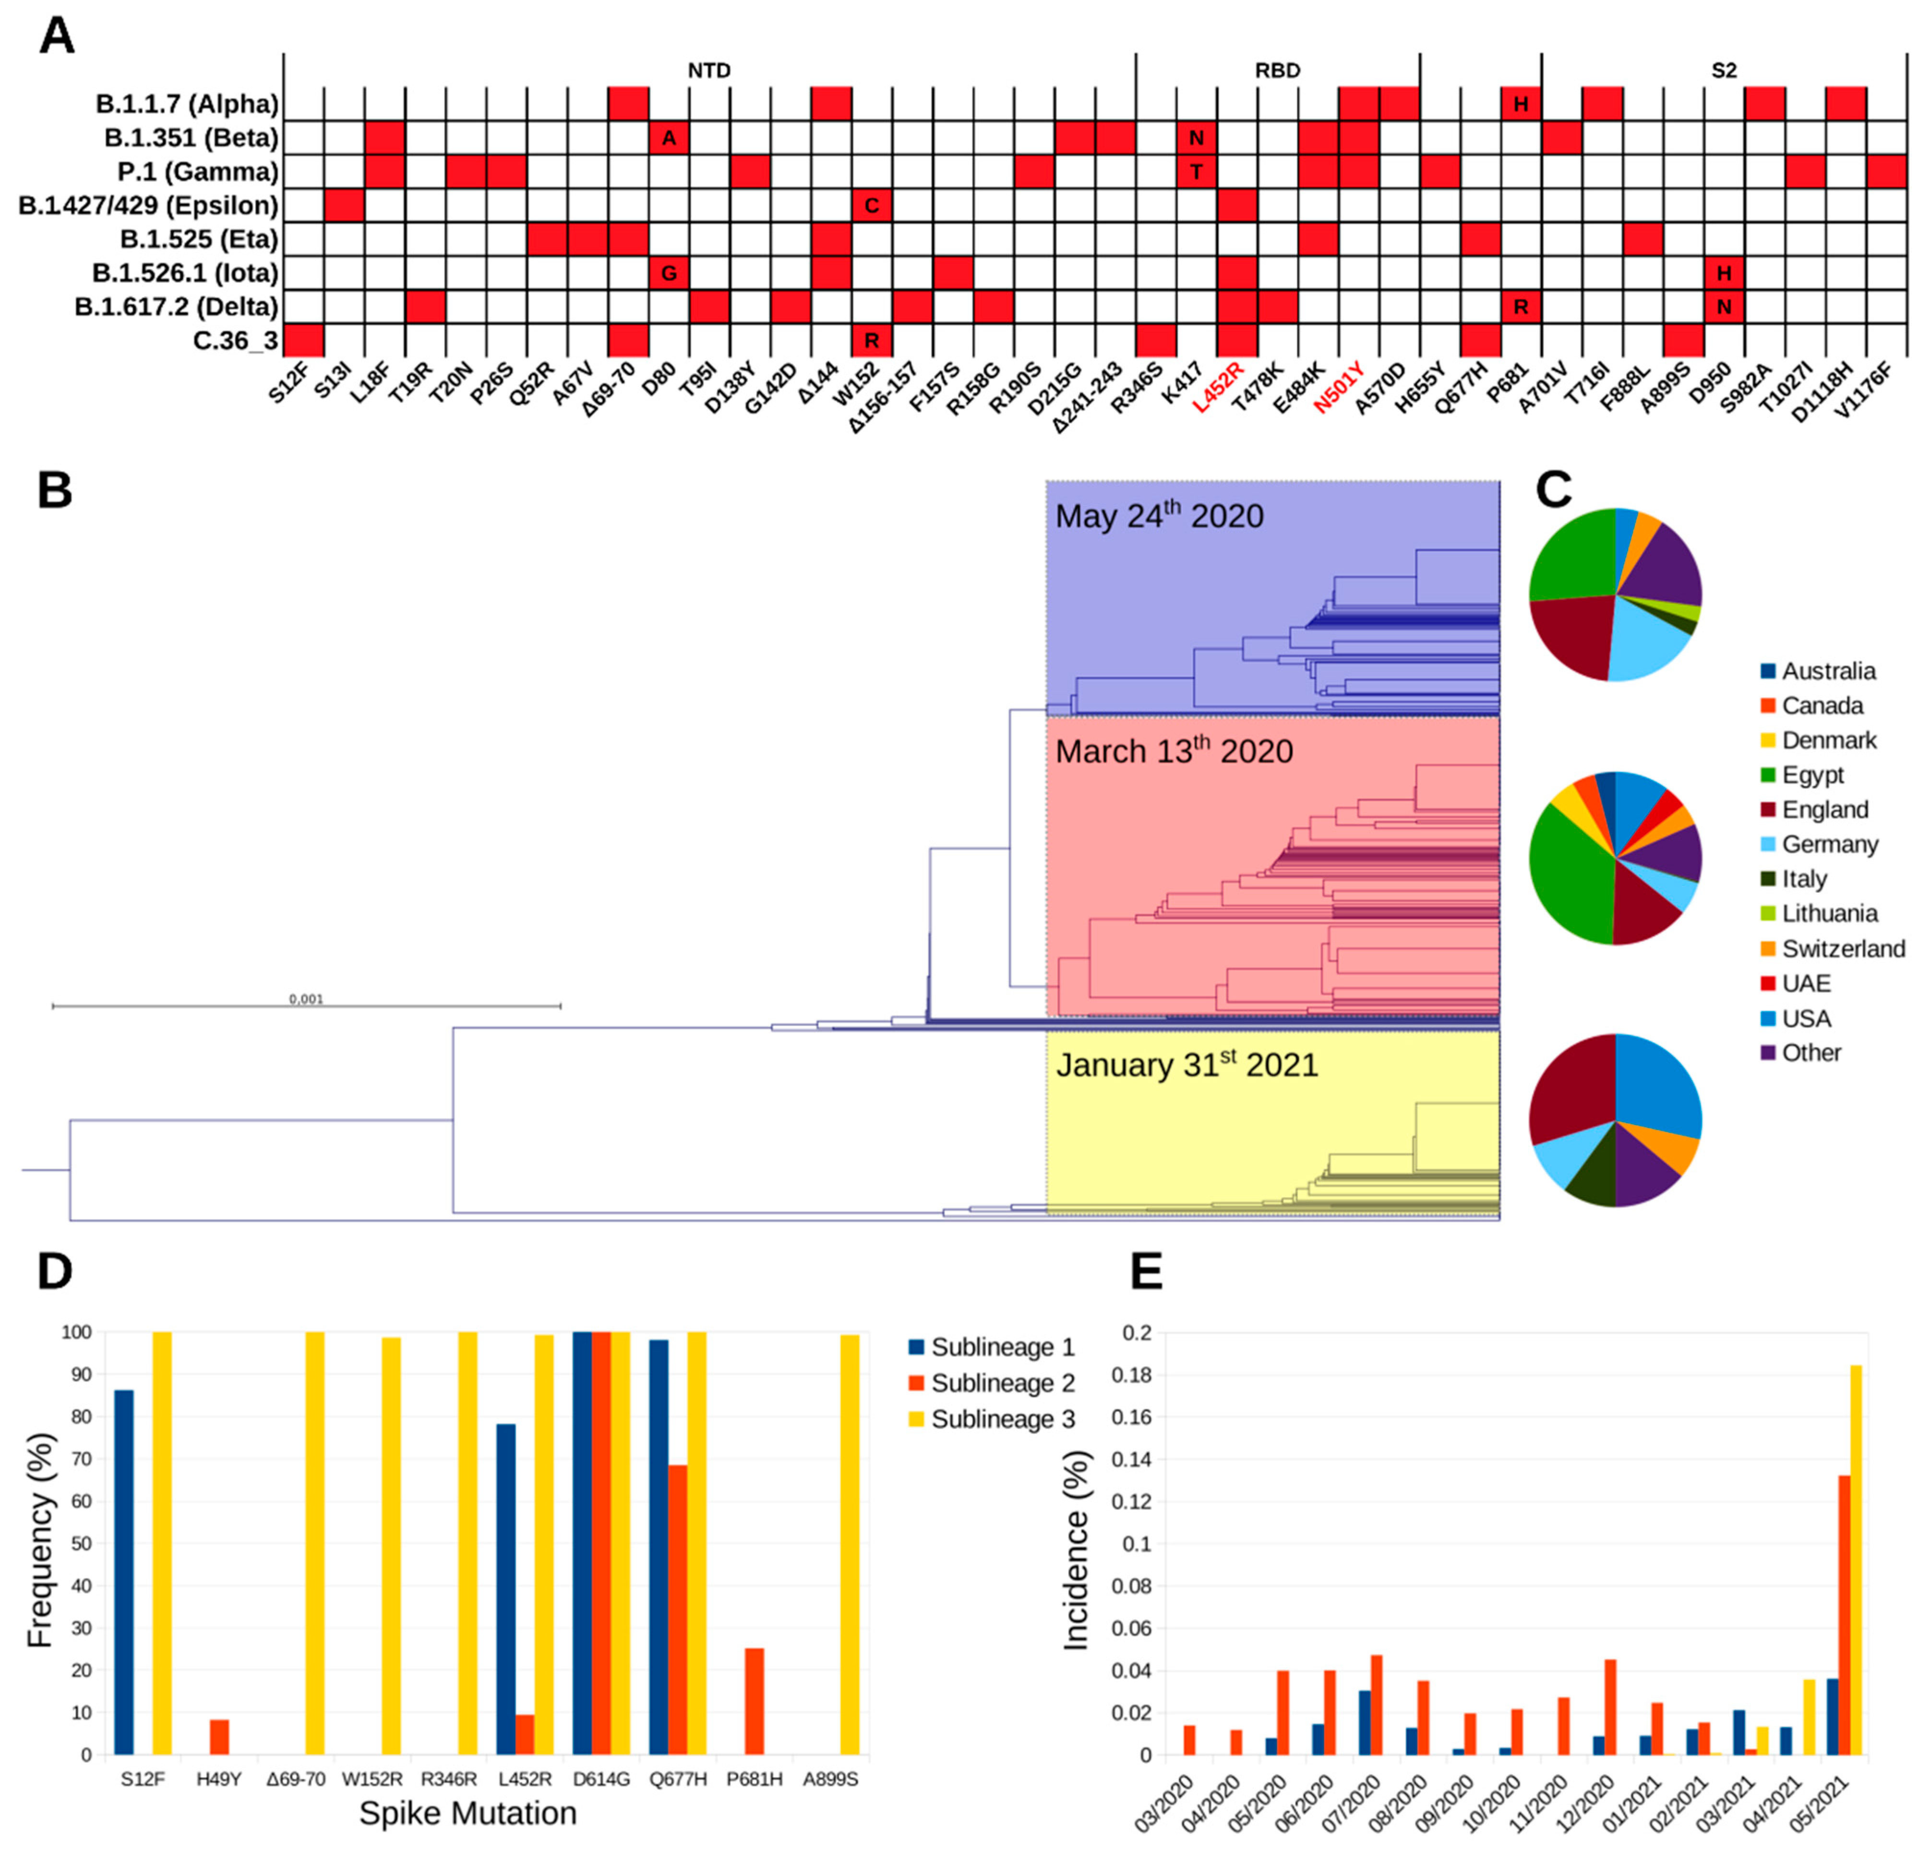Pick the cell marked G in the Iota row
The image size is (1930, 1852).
click(x=669, y=273)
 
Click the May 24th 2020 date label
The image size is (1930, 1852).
click(x=1159, y=515)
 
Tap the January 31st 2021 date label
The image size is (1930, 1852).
click(x=1187, y=1065)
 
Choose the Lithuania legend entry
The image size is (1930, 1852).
click(x=1829, y=913)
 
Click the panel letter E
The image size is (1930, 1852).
click(x=1147, y=1272)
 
